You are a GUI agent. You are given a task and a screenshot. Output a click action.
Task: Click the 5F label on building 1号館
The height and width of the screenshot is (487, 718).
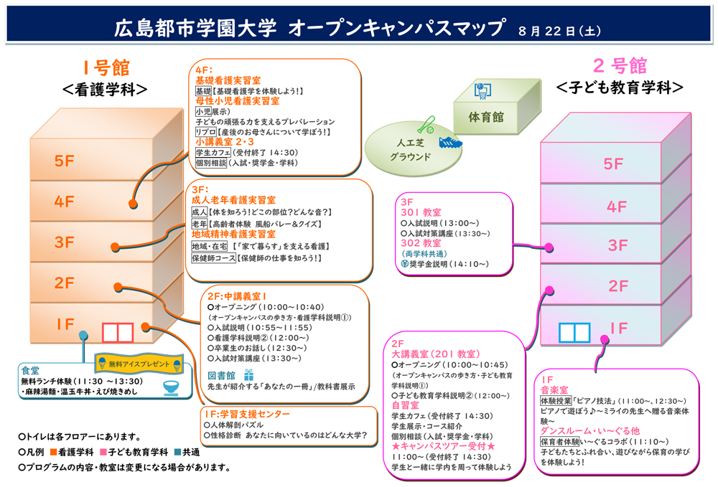[x=64, y=161]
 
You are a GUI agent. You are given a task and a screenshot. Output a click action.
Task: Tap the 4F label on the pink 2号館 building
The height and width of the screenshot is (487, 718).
[x=616, y=207]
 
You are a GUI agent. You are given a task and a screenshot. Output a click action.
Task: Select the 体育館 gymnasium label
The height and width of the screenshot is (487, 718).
[x=485, y=117]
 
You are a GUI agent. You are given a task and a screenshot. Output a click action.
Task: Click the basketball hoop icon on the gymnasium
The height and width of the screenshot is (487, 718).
[x=482, y=90]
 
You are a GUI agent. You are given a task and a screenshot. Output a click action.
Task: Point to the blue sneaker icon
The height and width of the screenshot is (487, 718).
[x=451, y=142]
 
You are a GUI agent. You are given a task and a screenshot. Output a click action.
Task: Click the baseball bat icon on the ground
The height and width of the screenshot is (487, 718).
[x=426, y=124]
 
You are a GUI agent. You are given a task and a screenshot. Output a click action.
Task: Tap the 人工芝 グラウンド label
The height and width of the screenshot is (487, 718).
[x=410, y=149]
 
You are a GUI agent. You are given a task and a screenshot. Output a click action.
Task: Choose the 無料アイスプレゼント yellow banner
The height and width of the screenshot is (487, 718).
[x=139, y=364]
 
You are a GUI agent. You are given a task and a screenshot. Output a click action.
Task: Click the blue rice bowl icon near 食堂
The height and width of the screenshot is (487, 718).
[x=172, y=388]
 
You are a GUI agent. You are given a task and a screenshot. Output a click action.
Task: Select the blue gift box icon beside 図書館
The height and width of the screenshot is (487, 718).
[x=248, y=375]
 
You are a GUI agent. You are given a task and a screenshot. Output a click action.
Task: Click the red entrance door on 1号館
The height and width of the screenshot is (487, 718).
[x=118, y=333]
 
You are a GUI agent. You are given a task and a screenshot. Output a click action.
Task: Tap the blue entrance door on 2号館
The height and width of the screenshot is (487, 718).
[x=574, y=333]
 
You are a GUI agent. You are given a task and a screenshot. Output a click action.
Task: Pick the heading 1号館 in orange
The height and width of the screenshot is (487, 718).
[x=106, y=67]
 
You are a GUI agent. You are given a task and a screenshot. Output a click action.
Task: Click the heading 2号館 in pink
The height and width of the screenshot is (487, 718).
[x=620, y=66]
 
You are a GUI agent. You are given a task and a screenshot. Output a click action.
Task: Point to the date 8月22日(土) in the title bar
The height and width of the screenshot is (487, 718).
[x=559, y=31]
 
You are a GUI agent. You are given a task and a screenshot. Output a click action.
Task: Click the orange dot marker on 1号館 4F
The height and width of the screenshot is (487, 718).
[x=133, y=204]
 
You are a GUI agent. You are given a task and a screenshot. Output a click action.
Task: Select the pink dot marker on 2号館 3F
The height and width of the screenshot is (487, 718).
[x=549, y=248]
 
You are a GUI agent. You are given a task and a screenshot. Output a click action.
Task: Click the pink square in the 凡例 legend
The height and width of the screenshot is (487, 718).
[x=103, y=453]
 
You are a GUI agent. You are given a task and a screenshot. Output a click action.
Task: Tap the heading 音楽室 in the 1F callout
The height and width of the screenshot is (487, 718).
[x=554, y=390]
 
